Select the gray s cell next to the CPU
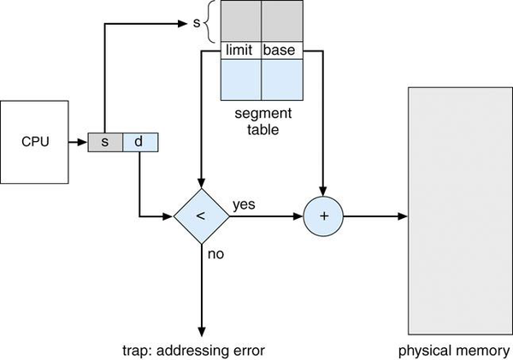click(105, 142)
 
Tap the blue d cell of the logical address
click(139, 142)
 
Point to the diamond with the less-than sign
click(201, 217)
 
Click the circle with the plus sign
click(323, 217)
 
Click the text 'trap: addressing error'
click(202, 351)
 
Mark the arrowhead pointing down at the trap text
click(201, 334)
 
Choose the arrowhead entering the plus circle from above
click(323, 192)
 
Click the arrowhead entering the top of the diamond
click(201, 184)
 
